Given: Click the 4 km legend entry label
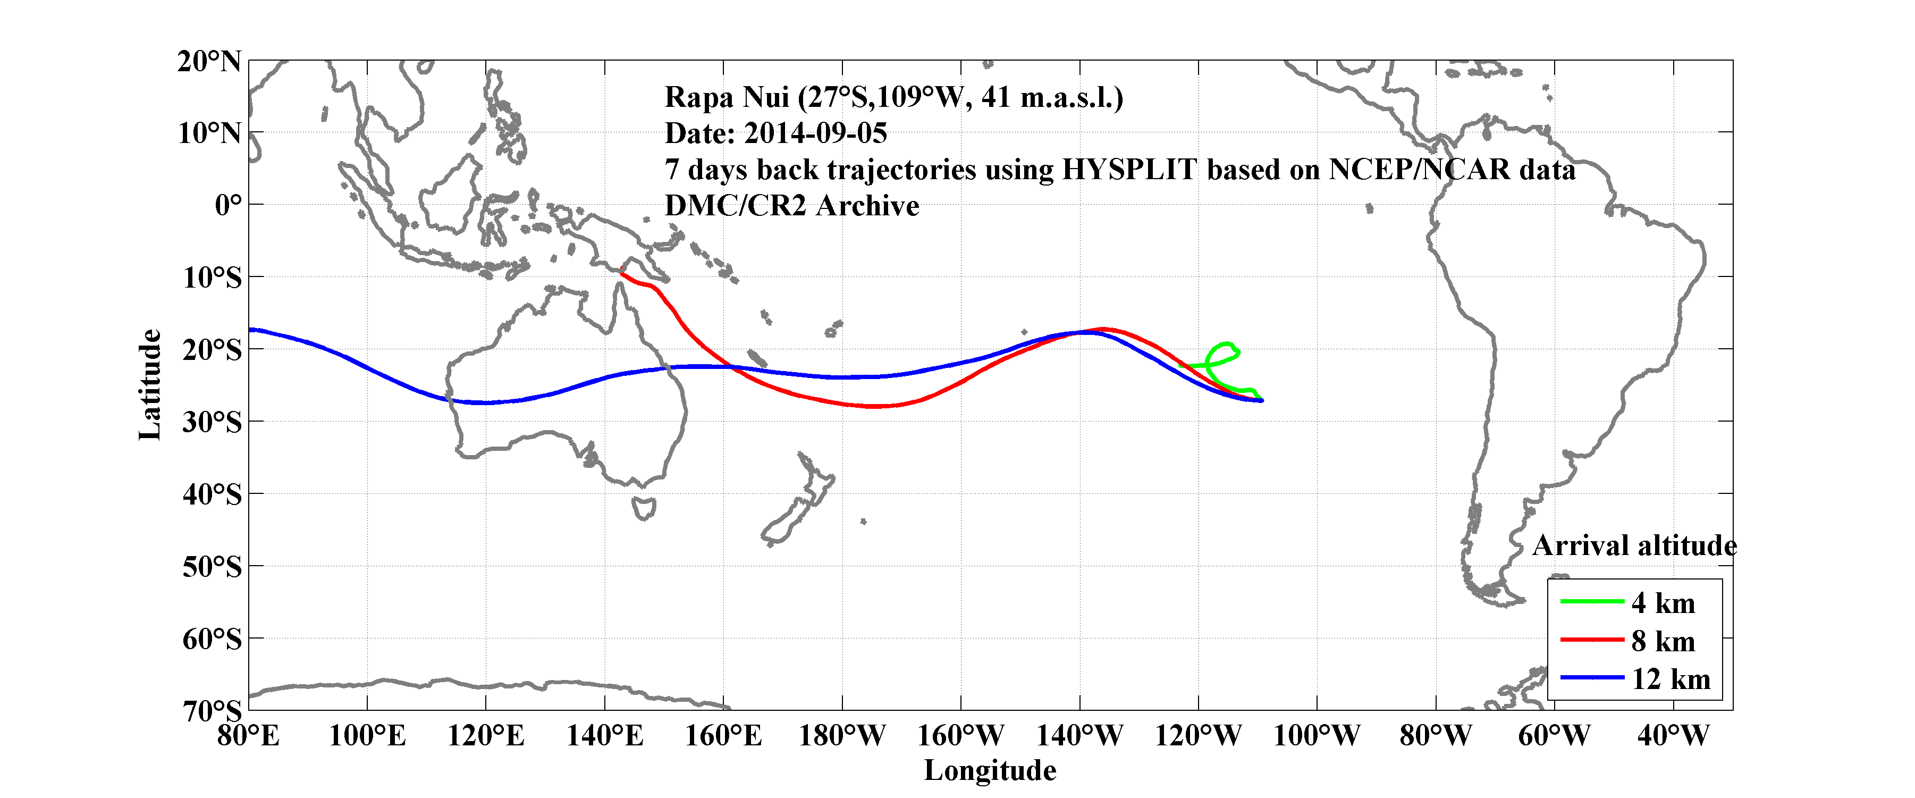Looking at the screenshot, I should pos(1663,603).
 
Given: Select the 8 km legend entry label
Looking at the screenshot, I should pos(1663,641).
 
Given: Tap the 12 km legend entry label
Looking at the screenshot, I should pos(1671,679).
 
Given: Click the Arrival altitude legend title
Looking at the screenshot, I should pos(1634,546).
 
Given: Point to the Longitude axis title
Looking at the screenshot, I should pos(990,770).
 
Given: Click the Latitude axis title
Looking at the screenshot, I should pos(149,384).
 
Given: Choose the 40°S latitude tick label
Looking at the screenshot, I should pos(212,494).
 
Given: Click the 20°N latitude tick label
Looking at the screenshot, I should pos(209,62).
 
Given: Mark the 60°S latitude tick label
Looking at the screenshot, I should pos(212,639).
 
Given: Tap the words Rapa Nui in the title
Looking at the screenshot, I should pos(725,97).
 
